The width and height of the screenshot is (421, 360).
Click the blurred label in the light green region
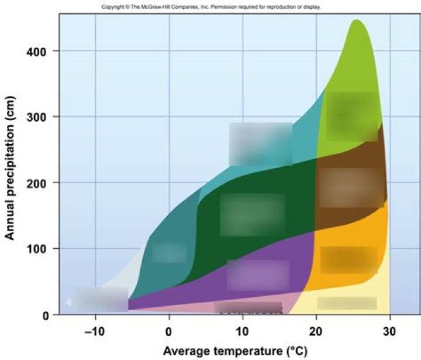[x=351, y=115]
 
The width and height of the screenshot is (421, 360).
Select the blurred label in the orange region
[x=348, y=259]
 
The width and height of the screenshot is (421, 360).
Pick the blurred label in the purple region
[x=258, y=275]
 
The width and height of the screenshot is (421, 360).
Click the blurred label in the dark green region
[x=252, y=214]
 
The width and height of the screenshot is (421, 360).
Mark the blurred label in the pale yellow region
[x=346, y=303]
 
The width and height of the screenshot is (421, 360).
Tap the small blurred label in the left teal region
[x=169, y=253]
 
